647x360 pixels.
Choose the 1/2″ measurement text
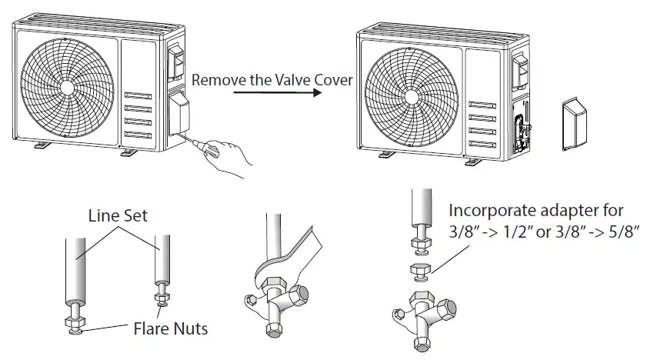click(514, 232)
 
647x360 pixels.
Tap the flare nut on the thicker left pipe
click(75, 322)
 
